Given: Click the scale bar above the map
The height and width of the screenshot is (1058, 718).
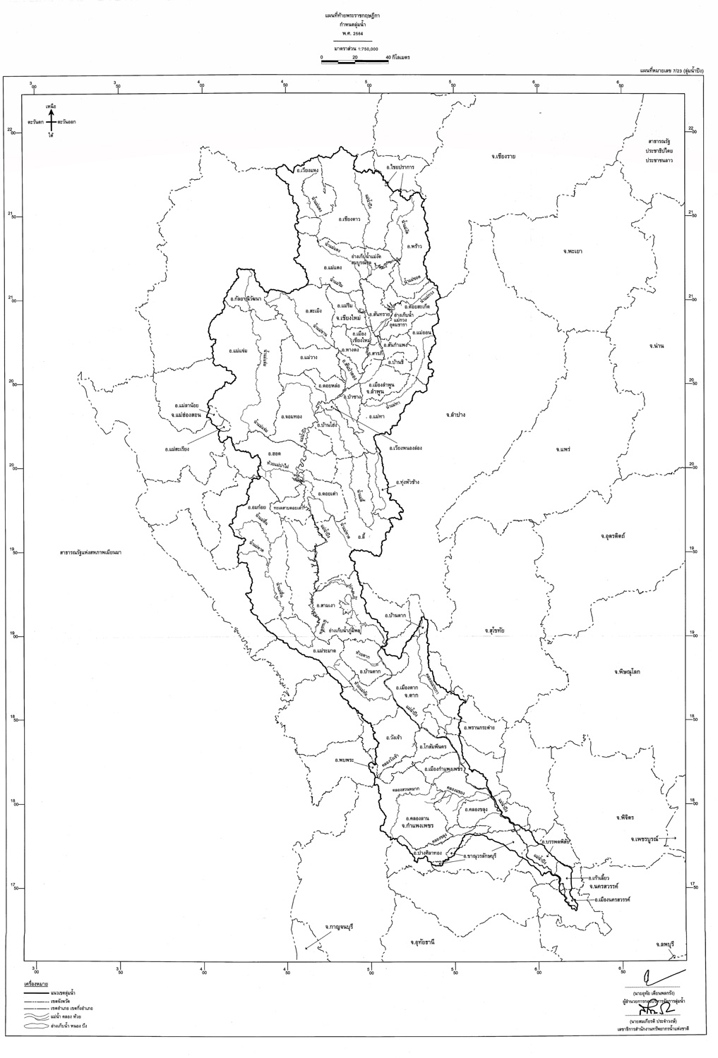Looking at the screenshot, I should point(354,63).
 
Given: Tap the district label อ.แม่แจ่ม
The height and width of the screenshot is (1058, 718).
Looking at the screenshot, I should point(241,350).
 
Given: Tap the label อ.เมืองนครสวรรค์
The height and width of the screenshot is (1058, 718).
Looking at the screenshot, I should point(612,900).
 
